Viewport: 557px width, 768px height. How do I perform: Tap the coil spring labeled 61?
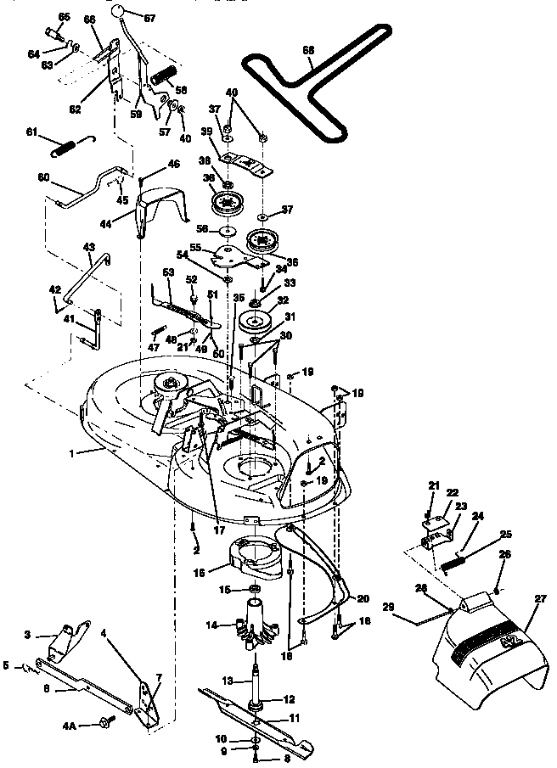tap(70, 146)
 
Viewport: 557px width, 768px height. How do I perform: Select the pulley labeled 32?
tap(255, 322)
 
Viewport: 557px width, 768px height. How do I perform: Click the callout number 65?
tap(63, 17)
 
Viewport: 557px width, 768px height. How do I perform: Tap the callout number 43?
tap(88, 246)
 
